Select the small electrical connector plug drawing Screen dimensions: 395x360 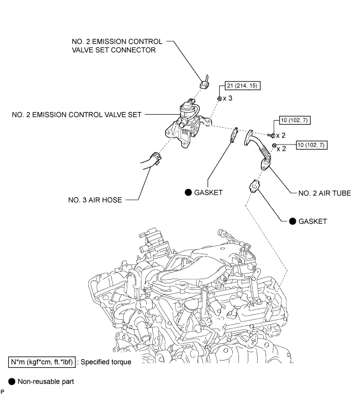(206, 83)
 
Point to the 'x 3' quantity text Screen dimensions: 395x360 (229, 98)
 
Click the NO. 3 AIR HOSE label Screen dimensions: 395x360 (97, 199)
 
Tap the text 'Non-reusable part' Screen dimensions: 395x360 (45, 381)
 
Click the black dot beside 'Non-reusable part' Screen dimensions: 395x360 (11, 381)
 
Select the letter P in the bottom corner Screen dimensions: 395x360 (3, 391)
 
